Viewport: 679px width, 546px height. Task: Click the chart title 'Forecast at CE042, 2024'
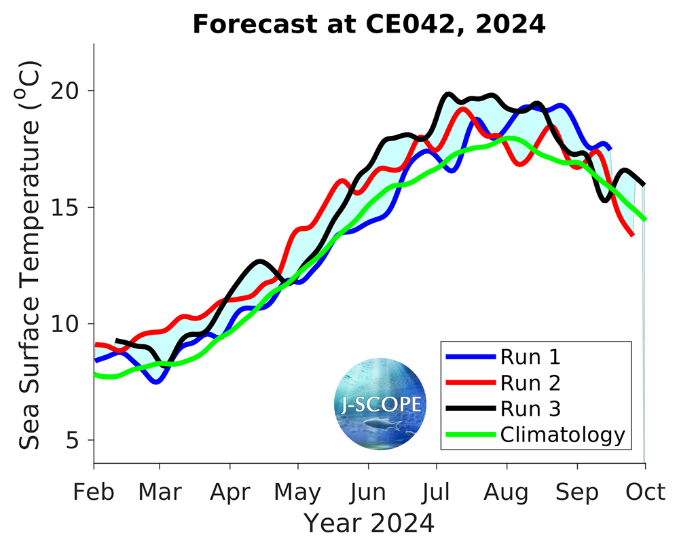(x=369, y=24)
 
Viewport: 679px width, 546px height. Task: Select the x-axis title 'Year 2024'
(x=369, y=523)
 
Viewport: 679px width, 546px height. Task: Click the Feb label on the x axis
(x=94, y=491)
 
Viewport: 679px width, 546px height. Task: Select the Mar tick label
(x=160, y=491)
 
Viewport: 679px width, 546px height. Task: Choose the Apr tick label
(x=230, y=491)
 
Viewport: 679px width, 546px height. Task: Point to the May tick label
(x=298, y=491)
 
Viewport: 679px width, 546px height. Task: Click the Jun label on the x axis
(x=369, y=491)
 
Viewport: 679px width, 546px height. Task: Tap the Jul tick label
(x=437, y=491)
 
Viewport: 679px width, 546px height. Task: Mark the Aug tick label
(x=507, y=491)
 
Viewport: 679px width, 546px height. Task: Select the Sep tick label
(x=577, y=491)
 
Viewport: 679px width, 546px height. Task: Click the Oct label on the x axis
(x=645, y=491)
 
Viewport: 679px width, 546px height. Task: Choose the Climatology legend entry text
(x=562, y=435)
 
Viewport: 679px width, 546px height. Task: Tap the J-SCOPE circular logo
(x=380, y=404)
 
